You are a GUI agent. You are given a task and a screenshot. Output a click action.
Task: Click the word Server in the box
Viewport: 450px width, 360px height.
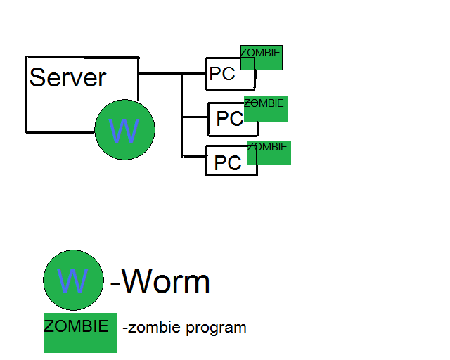click(67, 77)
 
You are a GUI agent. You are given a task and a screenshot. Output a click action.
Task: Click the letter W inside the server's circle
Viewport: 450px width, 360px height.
click(124, 130)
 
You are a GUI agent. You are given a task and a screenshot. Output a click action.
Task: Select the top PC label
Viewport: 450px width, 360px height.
click(222, 74)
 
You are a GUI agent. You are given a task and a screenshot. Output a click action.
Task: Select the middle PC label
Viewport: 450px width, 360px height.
click(229, 119)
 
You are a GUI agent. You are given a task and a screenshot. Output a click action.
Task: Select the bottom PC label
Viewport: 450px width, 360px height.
click(228, 163)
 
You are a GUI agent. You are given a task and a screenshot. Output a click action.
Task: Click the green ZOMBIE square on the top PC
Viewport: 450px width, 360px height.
click(262, 58)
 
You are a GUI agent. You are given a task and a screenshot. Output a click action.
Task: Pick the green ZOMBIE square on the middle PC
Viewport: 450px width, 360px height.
click(266, 109)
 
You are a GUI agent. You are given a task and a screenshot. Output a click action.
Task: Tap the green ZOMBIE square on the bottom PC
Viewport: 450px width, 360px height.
click(269, 153)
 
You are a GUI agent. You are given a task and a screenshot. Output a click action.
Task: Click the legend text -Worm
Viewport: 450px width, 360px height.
click(160, 283)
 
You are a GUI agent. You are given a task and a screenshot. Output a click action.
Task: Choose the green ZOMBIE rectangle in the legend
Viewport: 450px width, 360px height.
click(80, 333)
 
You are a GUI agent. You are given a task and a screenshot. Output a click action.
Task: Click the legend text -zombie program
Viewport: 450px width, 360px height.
click(184, 328)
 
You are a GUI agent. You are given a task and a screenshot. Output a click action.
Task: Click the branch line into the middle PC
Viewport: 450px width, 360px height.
click(195, 115)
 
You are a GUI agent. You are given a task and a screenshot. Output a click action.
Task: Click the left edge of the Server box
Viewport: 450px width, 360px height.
click(27, 94)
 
